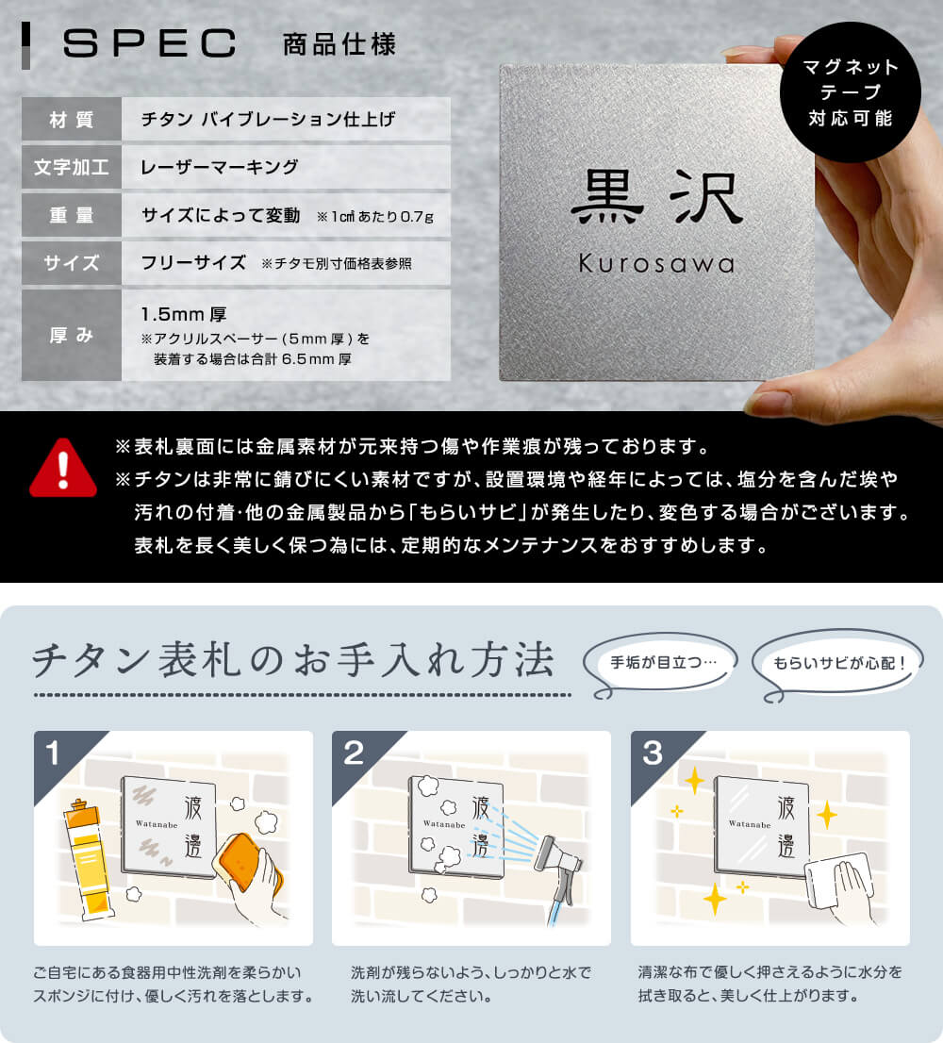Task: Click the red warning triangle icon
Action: pos(63,468)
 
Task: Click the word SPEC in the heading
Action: pos(149,43)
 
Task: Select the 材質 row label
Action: pos(72,120)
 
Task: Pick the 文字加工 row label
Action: pos(72,168)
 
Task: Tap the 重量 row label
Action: pos(72,215)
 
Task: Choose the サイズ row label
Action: pos(72,263)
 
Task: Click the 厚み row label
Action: pos(72,335)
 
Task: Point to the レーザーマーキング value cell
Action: pos(220,168)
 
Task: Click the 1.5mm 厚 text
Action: pos(184,314)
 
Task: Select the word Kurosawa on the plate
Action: pos(656,264)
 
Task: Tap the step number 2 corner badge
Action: pos(353,752)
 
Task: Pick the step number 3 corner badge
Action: pos(652,752)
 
